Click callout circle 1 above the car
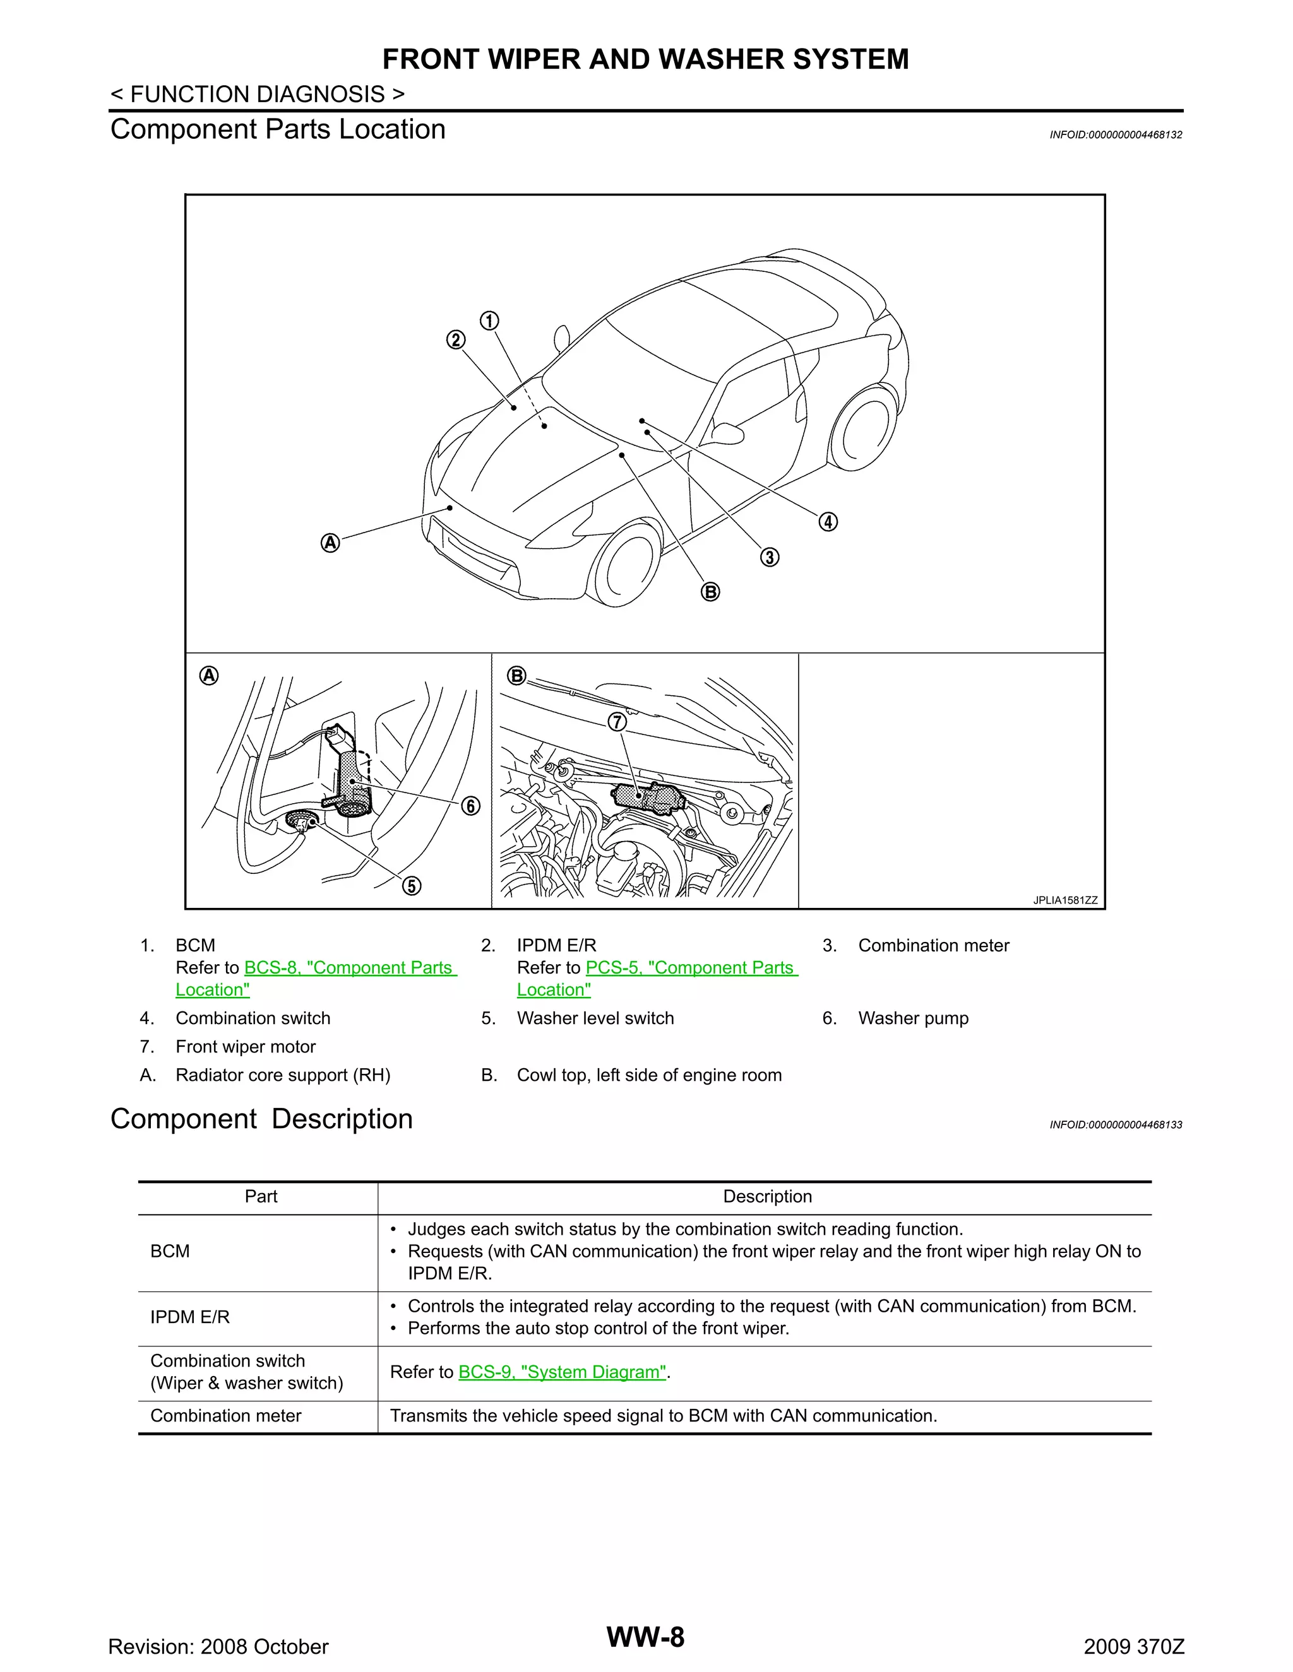point(489,321)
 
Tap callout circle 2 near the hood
point(456,340)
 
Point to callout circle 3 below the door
point(770,556)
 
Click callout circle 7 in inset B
point(617,722)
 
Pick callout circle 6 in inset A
point(470,806)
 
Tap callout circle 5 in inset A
point(412,886)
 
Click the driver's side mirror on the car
point(728,433)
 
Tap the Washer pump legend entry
point(912,1018)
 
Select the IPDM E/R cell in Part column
point(190,1317)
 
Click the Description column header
point(766,1196)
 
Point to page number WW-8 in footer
point(645,1637)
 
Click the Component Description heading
point(261,1119)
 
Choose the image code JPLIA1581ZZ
point(1064,900)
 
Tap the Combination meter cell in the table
point(226,1416)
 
